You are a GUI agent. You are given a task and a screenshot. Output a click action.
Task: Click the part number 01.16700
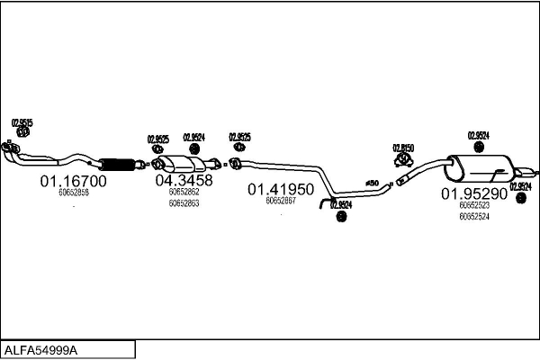click(x=73, y=181)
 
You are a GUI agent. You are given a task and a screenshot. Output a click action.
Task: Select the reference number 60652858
click(x=73, y=193)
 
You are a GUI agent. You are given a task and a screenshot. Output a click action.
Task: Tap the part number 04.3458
click(x=184, y=180)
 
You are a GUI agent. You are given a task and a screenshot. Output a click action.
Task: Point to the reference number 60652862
click(x=184, y=192)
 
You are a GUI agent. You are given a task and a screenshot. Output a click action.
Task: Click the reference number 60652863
click(x=184, y=203)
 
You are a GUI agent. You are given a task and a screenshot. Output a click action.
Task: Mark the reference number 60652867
click(x=281, y=201)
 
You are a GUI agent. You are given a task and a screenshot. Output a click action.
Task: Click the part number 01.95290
click(x=474, y=193)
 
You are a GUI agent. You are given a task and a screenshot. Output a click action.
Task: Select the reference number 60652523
click(x=474, y=205)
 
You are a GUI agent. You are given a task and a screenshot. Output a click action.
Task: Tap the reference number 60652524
click(x=474, y=216)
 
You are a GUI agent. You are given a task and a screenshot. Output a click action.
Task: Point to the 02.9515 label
click(x=22, y=122)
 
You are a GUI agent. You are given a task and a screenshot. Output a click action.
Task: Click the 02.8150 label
click(x=402, y=148)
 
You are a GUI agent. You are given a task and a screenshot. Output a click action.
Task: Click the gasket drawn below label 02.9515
click(x=23, y=133)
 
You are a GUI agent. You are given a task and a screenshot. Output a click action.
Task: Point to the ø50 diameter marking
click(x=372, y=184)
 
